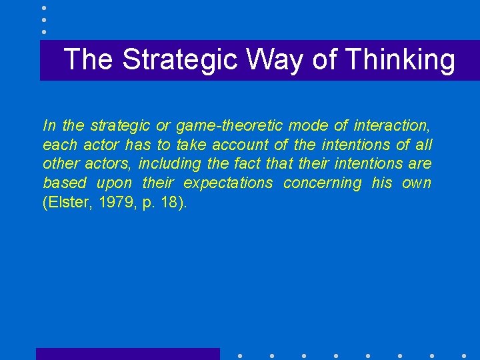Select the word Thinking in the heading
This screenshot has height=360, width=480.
tap(399, 59)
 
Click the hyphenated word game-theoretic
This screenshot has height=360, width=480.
tap(229, 125)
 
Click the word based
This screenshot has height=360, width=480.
tap(64, 183)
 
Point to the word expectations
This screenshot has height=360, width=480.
tap(228, 183)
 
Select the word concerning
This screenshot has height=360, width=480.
tap(322, 183)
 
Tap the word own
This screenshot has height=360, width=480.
tap(417, 183)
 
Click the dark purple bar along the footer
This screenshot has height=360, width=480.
tap(127, 354)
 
